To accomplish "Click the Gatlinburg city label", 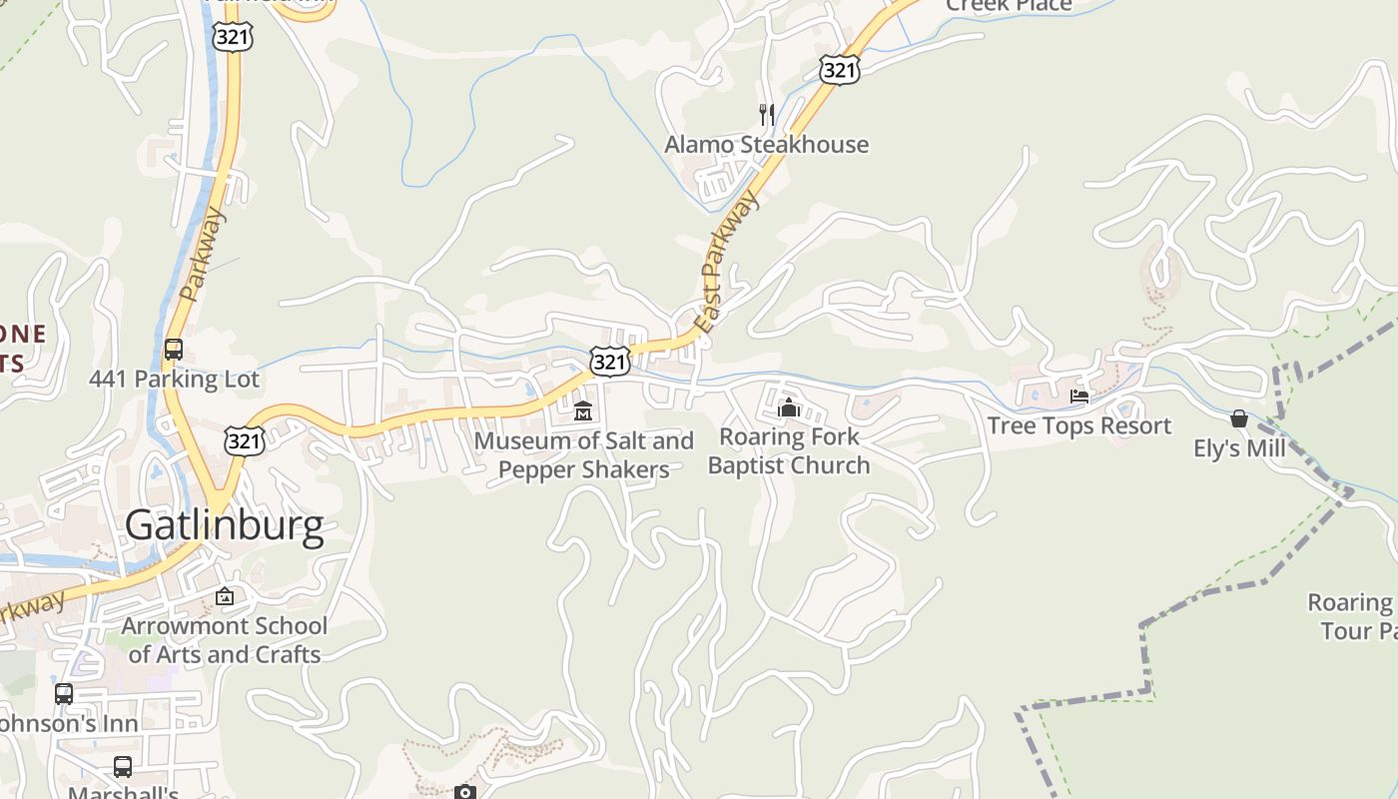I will (225, 525).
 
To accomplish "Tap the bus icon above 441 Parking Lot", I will (174, 350).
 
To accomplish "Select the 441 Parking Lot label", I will (174, 380).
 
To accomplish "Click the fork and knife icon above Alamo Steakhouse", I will (767, 115).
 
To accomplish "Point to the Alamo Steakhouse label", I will (767, 145).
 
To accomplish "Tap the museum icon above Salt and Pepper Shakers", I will (583, 410).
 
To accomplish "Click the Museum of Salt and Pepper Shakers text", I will (584, 454).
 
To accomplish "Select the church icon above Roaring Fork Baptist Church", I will (789, 407).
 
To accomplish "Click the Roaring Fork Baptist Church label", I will (789, 451).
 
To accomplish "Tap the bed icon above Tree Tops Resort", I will (1079, 397).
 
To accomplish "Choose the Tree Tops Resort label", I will (1079, 425).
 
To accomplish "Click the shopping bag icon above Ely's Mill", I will (1239, 418).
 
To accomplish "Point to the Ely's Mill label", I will (1239, 448).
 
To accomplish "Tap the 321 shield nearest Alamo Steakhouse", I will (840, 69).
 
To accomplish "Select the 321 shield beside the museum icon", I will (609, 362).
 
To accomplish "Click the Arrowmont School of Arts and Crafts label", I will (225, 640).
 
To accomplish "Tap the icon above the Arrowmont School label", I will (225, 596).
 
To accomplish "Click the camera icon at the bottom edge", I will (465, 792).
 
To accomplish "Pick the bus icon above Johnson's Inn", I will (64, 693).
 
